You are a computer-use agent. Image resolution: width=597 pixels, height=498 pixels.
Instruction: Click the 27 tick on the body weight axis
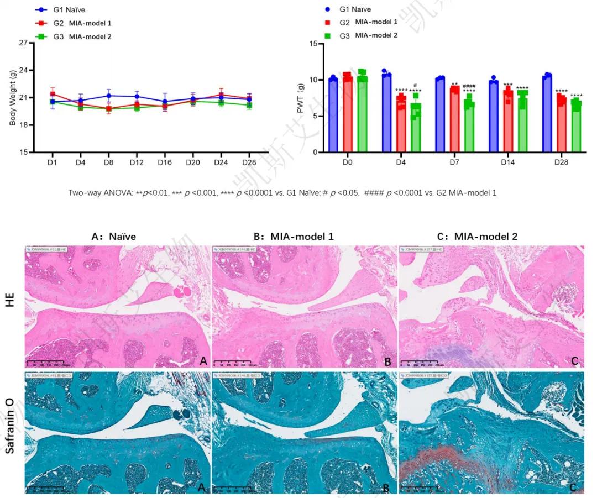tap(23, 43)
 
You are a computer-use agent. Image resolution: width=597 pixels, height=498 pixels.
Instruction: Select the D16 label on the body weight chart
tap(164, 161)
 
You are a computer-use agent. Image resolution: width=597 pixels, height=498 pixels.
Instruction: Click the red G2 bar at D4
tap(401, 126)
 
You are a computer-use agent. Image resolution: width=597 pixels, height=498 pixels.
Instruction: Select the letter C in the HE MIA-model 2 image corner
tap(574, 361)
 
